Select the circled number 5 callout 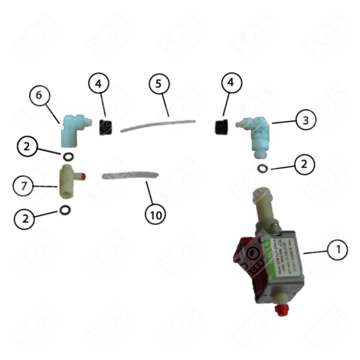(158, 85)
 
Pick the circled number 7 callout (26, 185)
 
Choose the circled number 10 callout (155, 215)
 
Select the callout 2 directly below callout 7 (26, 218)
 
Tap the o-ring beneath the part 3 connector (263, 167)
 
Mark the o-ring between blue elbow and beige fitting (67, 157)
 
